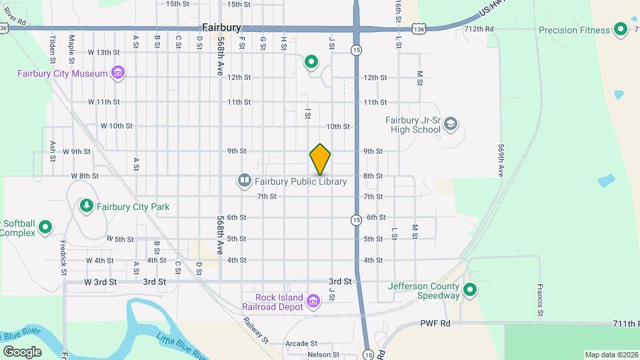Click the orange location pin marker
tap(320, 159)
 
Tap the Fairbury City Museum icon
tap(118, 73)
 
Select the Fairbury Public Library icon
tap(245, 181)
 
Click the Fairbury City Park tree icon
tap(86, 206)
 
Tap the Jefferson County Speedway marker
tap(470, 289)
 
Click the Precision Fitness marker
tap(621, 29)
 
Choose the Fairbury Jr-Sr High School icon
tap(451, 124)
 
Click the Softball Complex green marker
tap(45, 227)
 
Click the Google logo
tap(22, 351)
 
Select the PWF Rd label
tap(435, 323)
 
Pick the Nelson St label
tap(323, 355)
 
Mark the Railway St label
tap(255, 330)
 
